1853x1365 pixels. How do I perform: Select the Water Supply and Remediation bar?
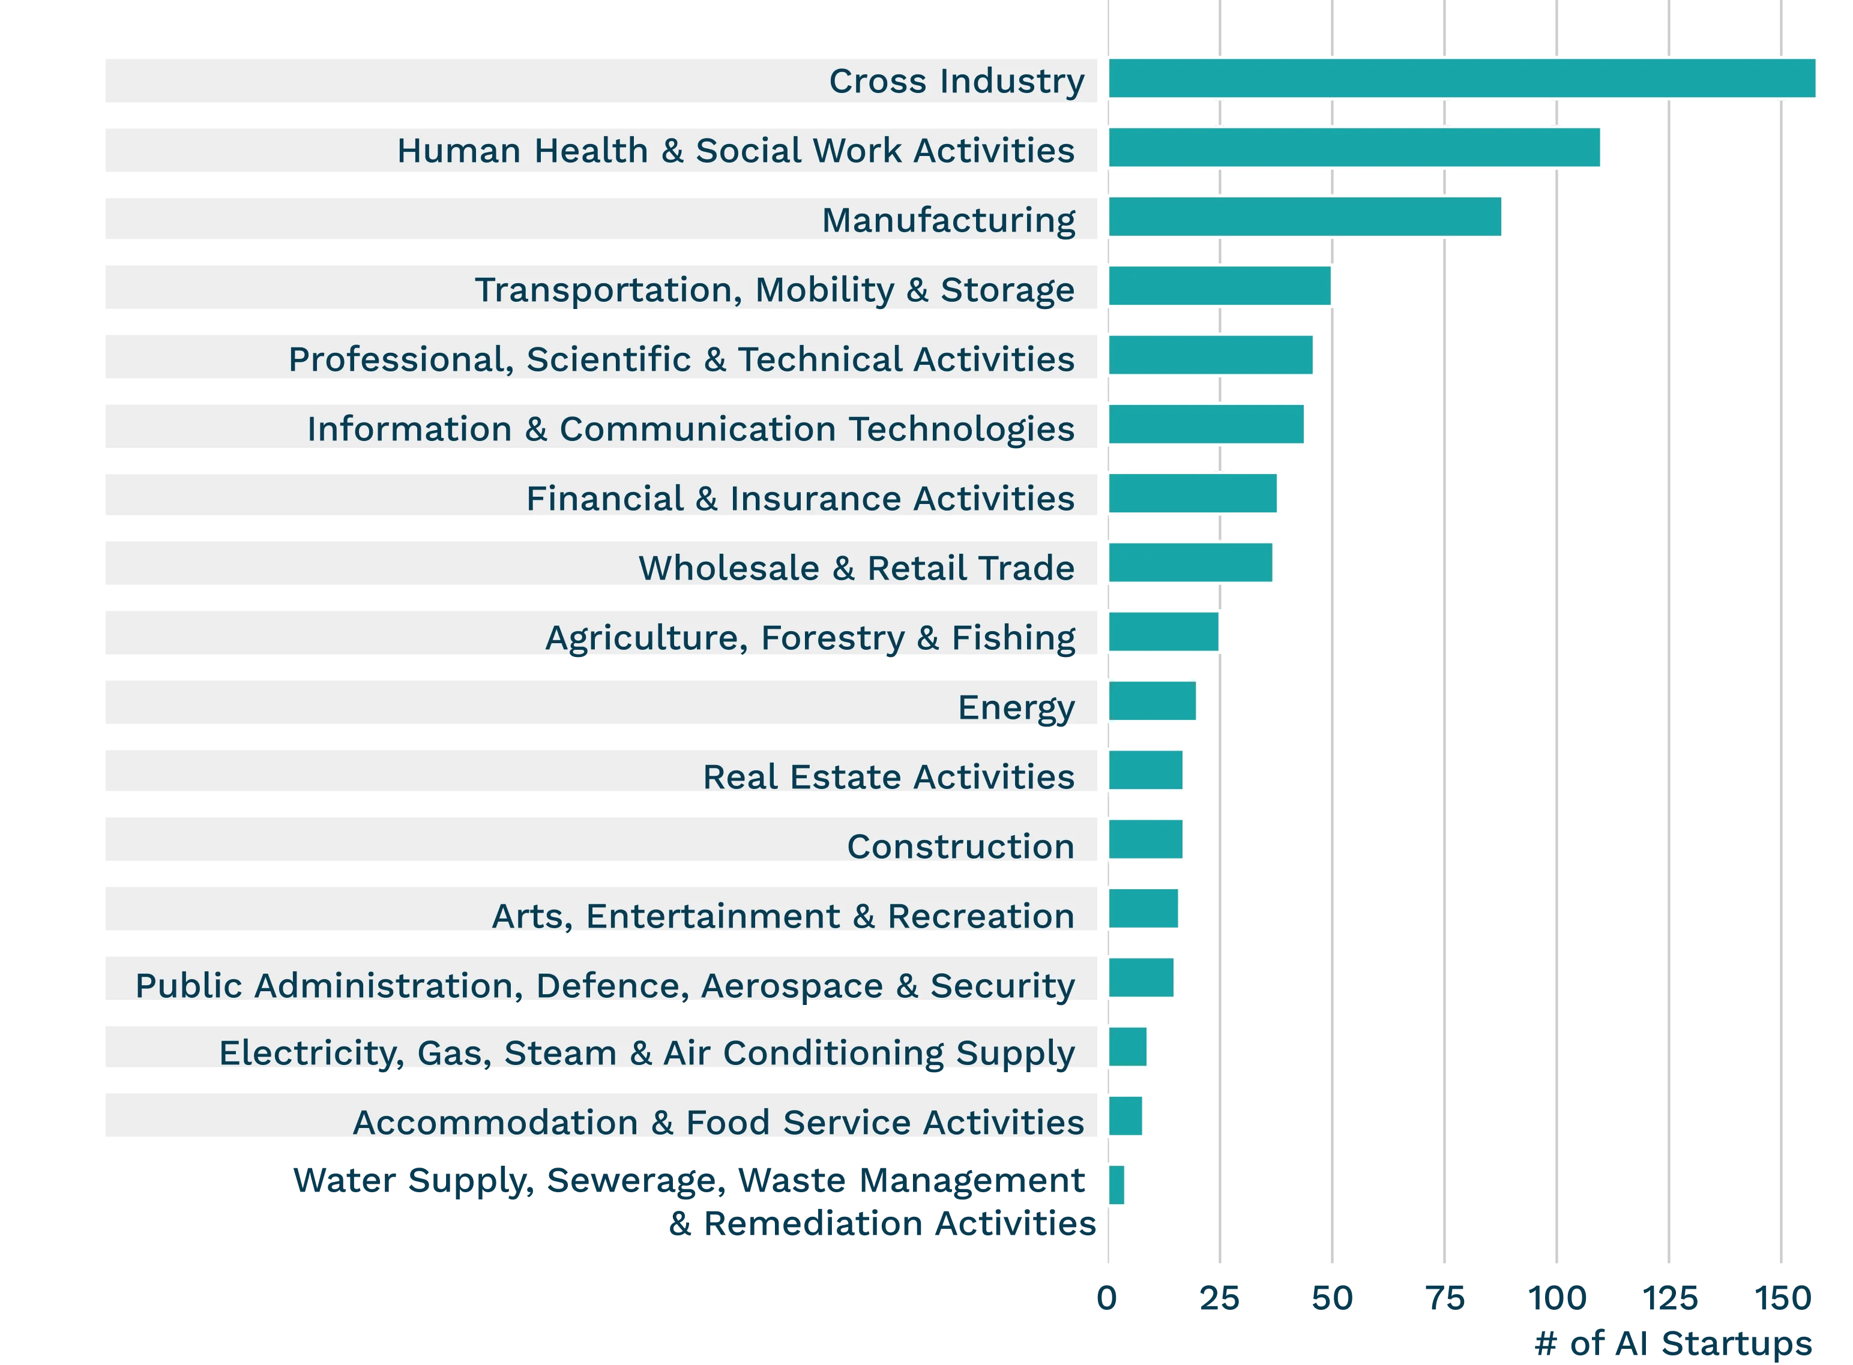coord(1116,1186)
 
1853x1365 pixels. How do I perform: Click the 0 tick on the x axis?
coord(1107,1297)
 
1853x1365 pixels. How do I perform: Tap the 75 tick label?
coord(1445,1297)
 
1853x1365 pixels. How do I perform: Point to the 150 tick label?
coord(1783,1297)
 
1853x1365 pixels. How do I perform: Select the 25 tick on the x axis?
coord(1220,1297)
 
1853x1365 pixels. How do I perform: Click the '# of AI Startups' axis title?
coord(1673,1343)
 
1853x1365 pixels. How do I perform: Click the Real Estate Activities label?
coord(888,776)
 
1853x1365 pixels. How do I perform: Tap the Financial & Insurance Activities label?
coord(800,498)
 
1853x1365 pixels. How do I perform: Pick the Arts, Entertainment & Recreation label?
coord(783,916)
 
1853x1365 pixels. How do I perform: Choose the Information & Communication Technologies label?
coord(691,429)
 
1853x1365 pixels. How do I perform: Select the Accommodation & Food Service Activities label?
coord(719,1122)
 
